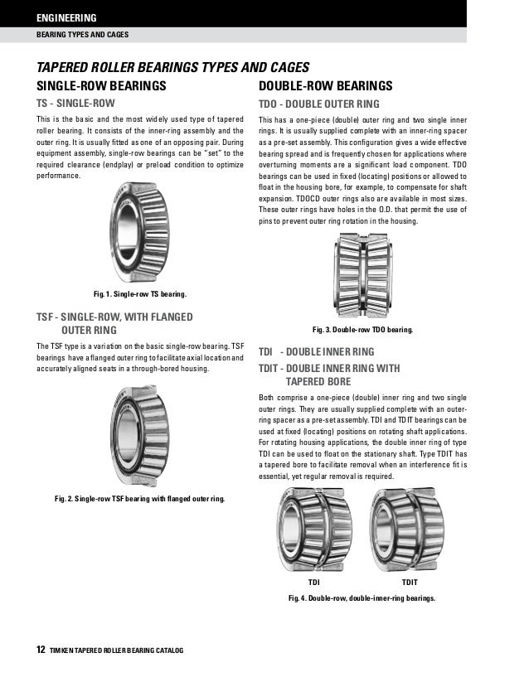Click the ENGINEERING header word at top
[66, 17]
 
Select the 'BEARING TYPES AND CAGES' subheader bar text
[81, 35]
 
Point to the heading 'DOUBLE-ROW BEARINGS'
[325, 85]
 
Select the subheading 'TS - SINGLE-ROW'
[75, 104]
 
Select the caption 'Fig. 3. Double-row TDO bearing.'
[362, 329]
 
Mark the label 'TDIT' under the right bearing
[410, 583]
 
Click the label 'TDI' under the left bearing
[313, 583]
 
